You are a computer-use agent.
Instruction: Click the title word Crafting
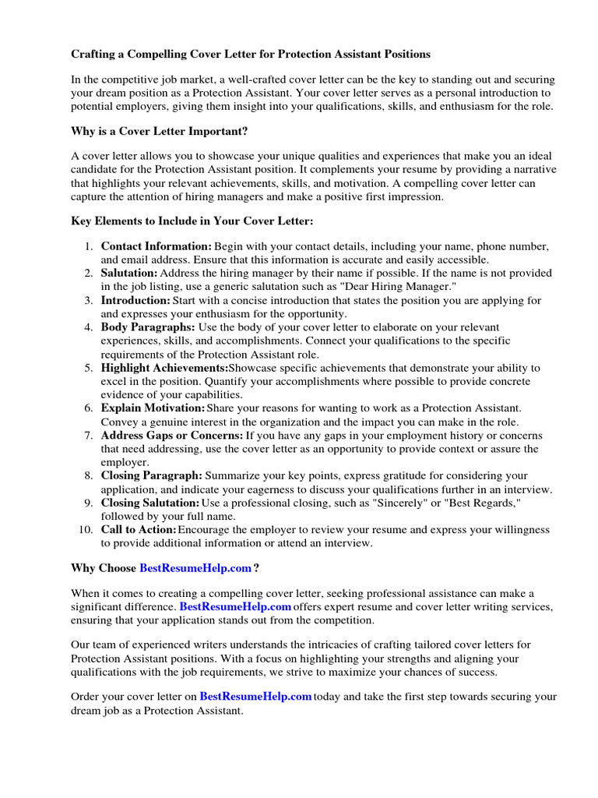[95, 55]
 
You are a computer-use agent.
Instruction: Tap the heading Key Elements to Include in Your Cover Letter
[192, 221]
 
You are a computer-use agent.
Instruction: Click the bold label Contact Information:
[157, 246]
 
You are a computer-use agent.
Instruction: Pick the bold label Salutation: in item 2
[129, 274]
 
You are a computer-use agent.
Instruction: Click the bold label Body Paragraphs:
[148, 327]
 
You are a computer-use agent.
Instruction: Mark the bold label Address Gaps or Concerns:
[172, 436]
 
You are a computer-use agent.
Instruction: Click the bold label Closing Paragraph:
[151, 475]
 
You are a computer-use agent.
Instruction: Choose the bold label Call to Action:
[139, 530]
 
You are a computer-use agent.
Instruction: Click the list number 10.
[86, 530]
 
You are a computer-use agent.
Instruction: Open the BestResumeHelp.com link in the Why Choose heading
[195, 568]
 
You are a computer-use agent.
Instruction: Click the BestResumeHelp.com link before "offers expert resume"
[235, 606]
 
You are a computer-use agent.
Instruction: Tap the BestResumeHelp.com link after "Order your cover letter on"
[255, 697]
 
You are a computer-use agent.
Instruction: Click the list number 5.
[90, 368]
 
